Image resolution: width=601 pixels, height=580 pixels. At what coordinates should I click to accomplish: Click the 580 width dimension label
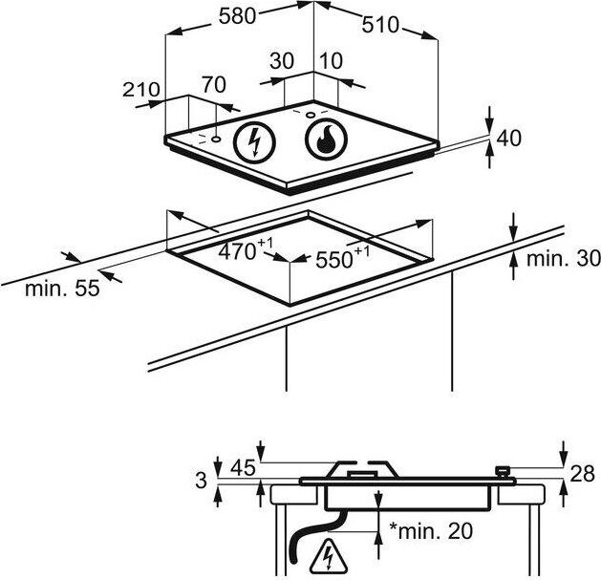tap(237, 17)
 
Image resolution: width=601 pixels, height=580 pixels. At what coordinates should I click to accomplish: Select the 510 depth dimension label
tap(380, 25)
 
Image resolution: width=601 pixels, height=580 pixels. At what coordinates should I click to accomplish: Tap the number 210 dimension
tap(141, 90)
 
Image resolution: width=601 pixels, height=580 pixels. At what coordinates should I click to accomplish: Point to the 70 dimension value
tap(214, 85)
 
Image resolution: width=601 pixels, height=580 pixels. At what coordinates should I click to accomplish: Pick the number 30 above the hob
tap(282, 61)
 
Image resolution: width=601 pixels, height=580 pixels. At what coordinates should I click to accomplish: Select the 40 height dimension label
tap(508, 138)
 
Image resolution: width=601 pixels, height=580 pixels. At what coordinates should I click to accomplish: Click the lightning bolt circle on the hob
tap(254, 142)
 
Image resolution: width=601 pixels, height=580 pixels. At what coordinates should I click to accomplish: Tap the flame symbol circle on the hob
tap(326, 139)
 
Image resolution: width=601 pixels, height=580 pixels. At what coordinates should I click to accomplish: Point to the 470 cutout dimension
tap(246, 248)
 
